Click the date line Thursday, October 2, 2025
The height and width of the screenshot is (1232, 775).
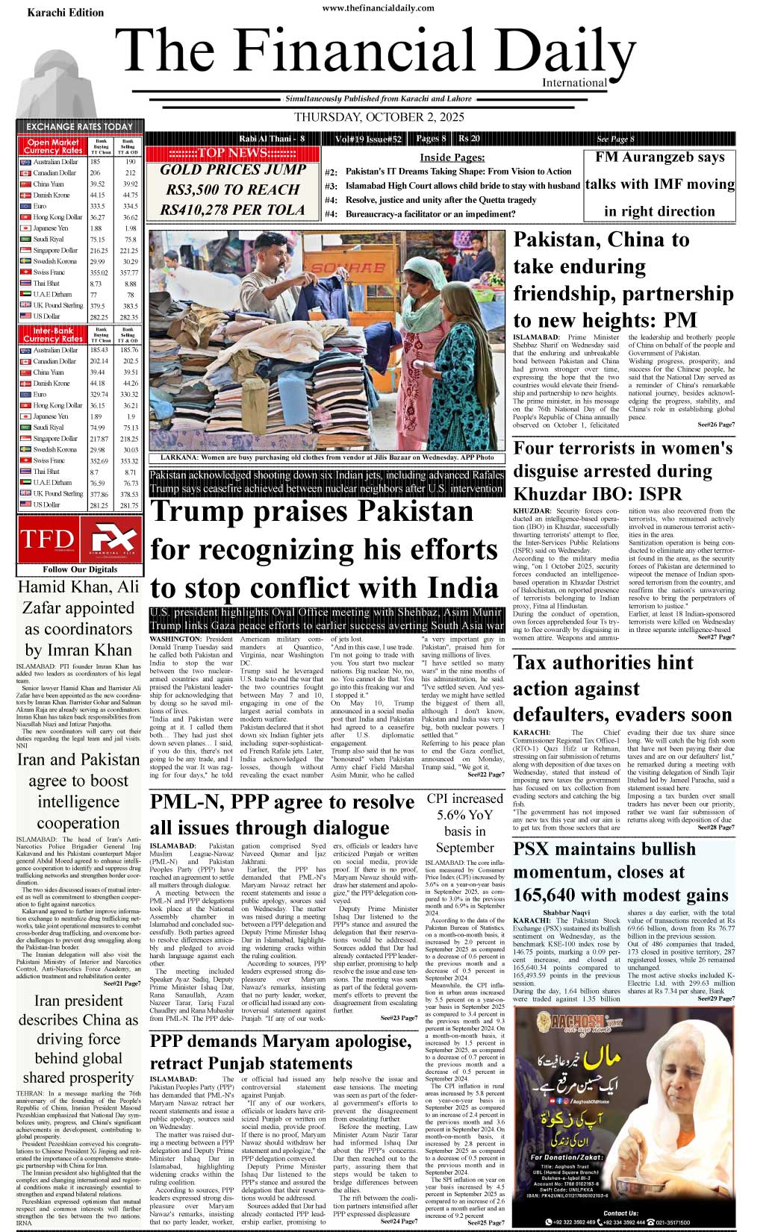[379, 117]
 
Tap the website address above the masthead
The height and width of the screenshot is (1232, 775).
[379, 7]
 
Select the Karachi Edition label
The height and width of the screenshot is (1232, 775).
[66, 13]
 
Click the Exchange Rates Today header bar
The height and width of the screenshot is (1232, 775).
[79, 127]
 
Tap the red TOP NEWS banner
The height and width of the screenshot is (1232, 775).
[232, 154]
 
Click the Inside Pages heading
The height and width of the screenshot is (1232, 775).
[452, 157]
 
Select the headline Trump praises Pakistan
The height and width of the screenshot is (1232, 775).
[324, 549]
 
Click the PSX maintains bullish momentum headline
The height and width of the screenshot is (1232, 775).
[620, 872]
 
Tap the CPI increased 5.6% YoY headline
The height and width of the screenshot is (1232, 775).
[464, 823]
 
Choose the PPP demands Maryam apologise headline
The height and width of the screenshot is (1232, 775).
[281, 1052]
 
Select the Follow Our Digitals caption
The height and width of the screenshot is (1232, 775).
[80, 569]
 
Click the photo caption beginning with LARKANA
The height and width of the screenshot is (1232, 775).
[326, 457]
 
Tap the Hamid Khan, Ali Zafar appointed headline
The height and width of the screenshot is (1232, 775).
[78, 618]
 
